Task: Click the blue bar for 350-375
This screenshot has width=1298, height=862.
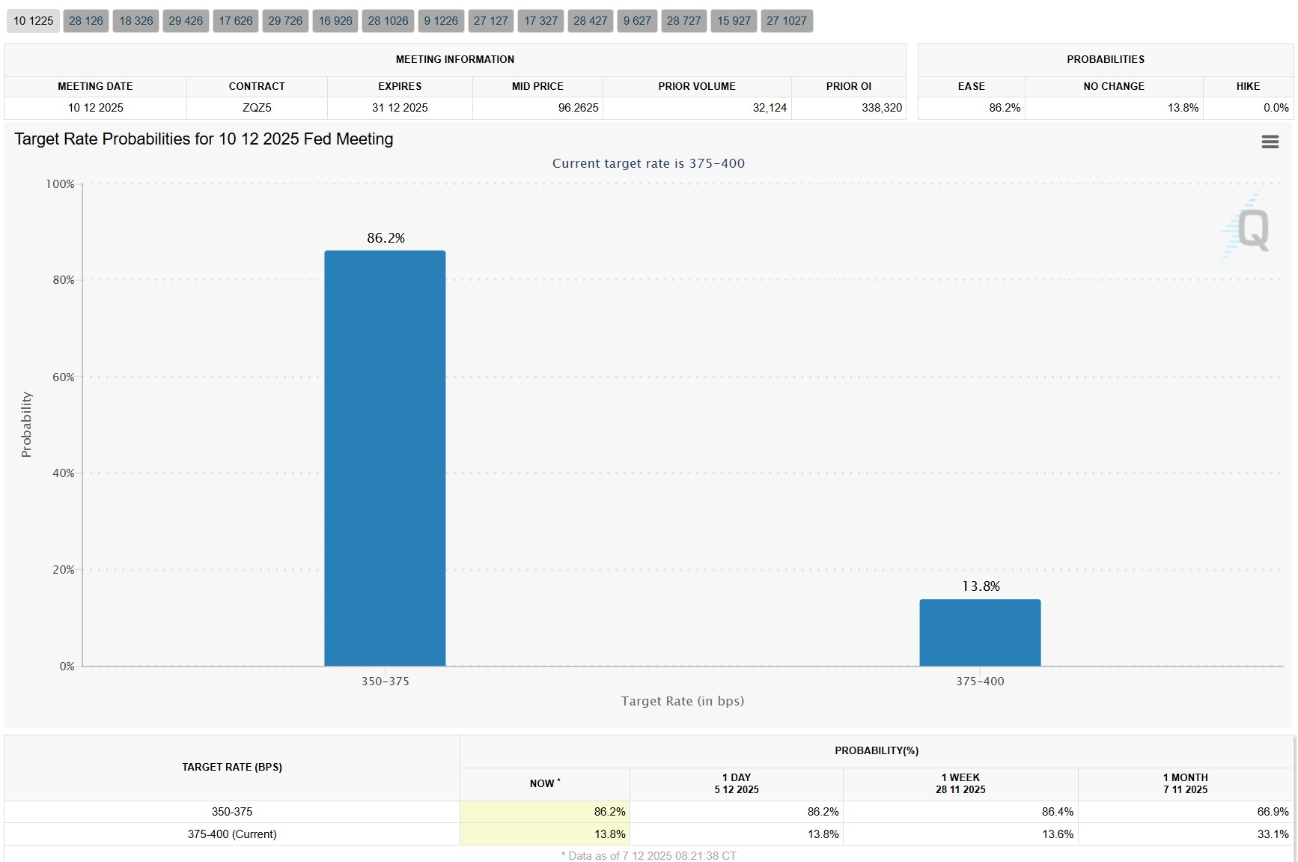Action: [385, 458]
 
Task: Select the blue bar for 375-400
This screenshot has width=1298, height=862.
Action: [980, 632]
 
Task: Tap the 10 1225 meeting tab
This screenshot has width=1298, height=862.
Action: [34, 21]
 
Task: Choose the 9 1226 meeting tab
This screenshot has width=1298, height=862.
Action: [441, 21]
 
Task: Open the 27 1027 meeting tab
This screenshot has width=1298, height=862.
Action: [787, 21]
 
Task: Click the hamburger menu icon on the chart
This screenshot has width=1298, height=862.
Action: [1270, 142]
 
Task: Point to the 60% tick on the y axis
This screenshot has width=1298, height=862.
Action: [64, 377]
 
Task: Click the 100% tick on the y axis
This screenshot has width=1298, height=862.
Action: [61, 184]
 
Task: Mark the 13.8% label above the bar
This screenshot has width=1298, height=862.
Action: [981, 586]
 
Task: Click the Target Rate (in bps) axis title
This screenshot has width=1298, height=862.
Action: [682, 701]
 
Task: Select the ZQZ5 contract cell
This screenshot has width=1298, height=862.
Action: [257, 108]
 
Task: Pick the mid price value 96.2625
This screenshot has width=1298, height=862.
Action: [578, 108]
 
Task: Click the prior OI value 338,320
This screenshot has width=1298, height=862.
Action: [881, 108]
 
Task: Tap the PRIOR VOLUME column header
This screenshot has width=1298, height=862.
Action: [696, 86]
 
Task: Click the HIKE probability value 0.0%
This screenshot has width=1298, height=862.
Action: [1276, 108]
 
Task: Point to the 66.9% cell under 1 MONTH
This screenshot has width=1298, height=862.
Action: [1273, 812]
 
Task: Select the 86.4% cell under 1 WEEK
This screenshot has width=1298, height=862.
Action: [1057, 812]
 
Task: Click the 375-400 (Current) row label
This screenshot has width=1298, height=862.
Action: [232, 834]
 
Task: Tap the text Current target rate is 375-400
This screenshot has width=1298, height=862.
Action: [648, 163]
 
